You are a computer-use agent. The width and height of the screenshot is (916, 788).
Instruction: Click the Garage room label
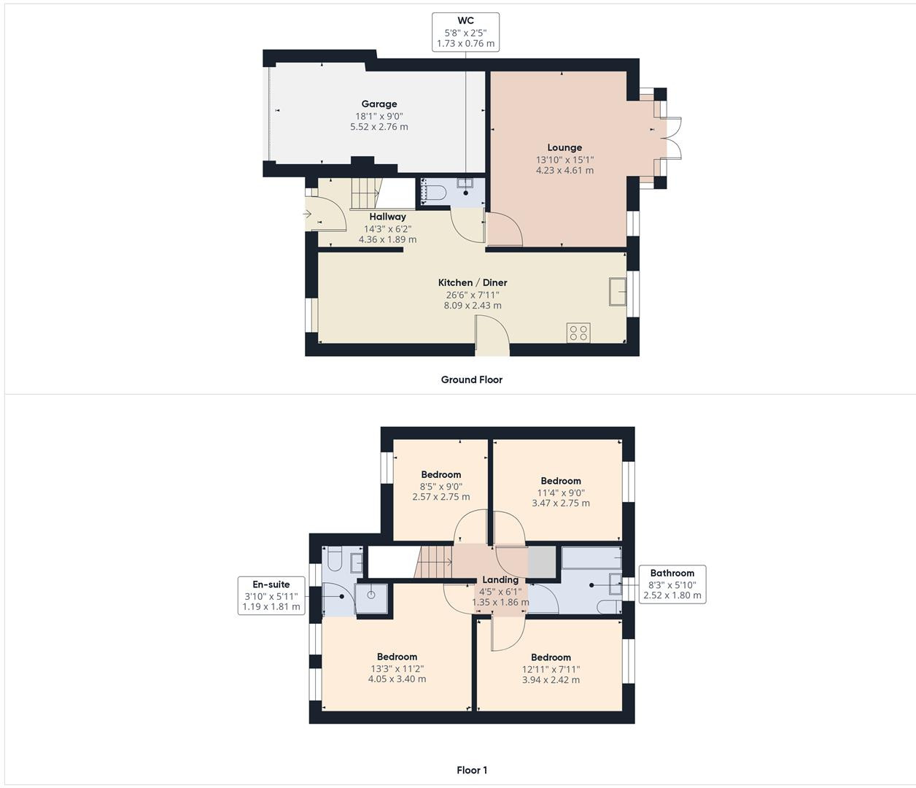coord(379,104)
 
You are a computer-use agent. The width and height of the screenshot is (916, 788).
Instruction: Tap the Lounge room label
coord(564,147)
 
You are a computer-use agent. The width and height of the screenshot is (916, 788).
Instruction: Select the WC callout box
coord(465,32)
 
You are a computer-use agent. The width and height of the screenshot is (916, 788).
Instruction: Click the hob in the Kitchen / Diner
coord(578,333)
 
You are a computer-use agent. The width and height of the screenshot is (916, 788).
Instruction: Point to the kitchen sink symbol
coord(618,291)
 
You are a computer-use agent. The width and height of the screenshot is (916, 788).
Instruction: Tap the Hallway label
coord(387,217)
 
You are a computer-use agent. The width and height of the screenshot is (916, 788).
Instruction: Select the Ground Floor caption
coord(471,379)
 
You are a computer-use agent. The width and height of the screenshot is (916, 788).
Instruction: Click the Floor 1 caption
coord(471,770)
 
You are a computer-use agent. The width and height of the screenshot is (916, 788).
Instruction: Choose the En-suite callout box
coord(271,595)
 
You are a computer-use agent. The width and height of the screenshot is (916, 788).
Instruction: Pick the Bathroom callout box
coord(672,584)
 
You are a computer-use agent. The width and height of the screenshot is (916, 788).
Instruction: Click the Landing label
coord(500,579)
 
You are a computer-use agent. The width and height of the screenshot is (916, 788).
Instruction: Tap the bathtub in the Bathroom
coord(591,559)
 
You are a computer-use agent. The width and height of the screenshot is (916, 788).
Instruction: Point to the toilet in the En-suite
coord(335,559)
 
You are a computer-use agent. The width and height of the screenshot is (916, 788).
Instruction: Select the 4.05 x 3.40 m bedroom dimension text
coord(397,679)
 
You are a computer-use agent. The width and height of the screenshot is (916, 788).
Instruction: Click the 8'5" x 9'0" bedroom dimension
coord(440,487)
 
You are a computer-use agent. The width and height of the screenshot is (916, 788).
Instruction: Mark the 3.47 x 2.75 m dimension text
coord(560,503)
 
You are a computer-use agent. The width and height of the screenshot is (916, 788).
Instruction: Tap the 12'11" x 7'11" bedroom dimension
coord(551,669)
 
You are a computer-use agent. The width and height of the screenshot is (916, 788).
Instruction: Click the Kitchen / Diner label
coord(472,282)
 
